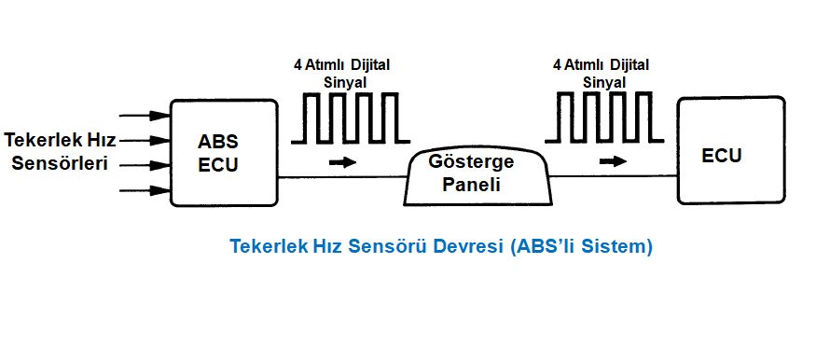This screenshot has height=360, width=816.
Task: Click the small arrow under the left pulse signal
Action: (343, 161)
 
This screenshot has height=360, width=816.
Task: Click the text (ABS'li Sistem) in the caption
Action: (581, 247)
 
